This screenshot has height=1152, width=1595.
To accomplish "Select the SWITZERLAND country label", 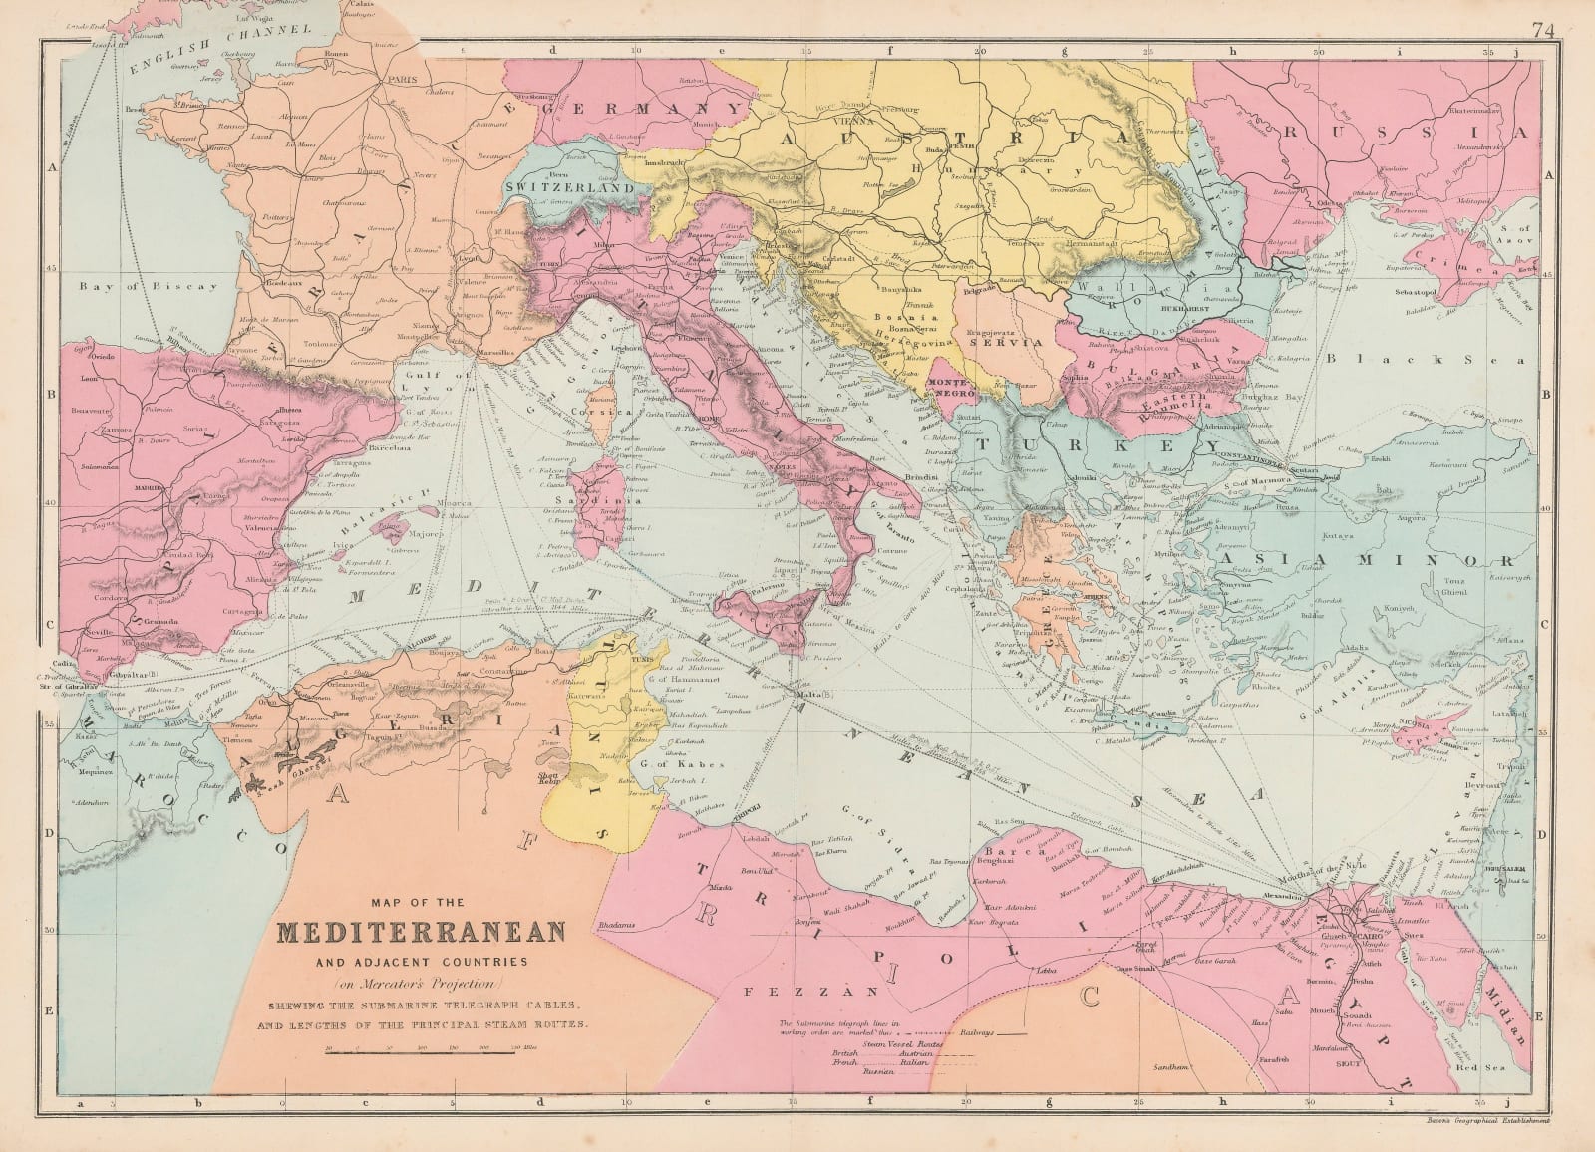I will pyautogui.click(x=571, y=186).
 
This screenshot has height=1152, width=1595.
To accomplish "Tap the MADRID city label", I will pyautogui.click(x=148, y=488).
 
